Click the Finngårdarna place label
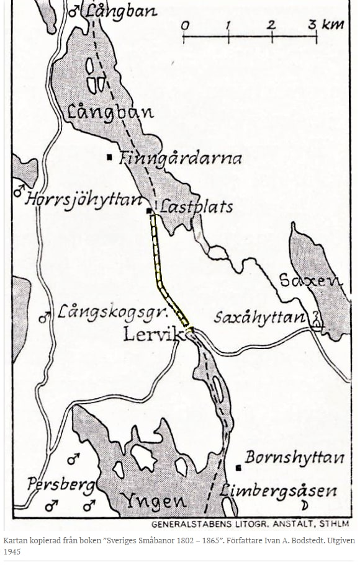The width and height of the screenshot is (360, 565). [x=180, y=158]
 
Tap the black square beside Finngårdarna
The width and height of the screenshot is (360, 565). [x=110, y=157]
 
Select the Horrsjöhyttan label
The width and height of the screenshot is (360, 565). [x=84, y=200]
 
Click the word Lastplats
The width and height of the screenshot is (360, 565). [x=197, y=207]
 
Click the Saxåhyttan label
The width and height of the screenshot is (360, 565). [x=260, y=318]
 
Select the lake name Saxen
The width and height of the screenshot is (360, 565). [x=310, y=280]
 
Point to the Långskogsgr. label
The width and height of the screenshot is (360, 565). [x=105, y=311]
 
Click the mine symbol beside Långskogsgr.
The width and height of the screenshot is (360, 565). [x=45, y=317]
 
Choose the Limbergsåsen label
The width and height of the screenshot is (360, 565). [x=279, y=491]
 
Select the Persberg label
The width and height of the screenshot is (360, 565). [x=61, y=484]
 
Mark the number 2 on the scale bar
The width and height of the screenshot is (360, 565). [x=271, y=25]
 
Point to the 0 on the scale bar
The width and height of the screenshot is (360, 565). [x=184, y=25]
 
